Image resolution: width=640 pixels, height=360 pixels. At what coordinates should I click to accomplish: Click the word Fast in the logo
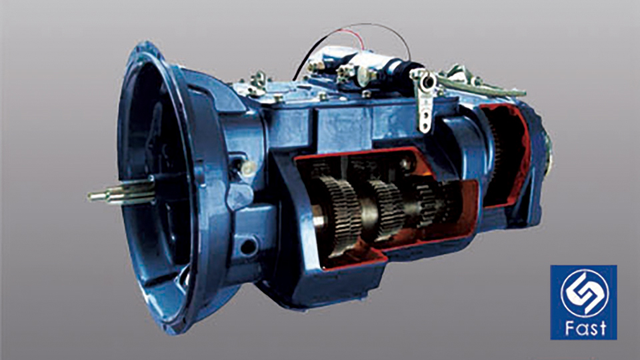click(x=585, y=328)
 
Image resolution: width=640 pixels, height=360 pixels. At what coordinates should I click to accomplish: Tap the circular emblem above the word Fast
click(x=585, y=292)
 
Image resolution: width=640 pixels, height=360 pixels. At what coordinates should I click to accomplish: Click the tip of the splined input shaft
click(x=89, y=196)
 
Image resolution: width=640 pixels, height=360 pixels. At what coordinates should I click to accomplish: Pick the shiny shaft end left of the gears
click(x=319, y=221)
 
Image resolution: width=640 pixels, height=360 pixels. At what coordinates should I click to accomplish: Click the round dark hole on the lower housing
click(x=248, y=246)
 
